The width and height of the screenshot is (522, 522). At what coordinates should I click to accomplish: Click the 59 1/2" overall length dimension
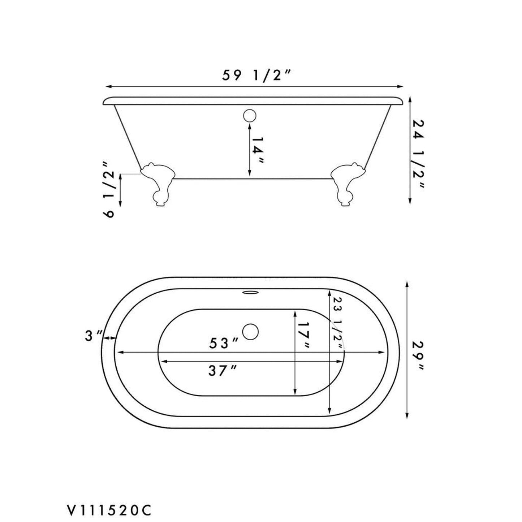(256, 76)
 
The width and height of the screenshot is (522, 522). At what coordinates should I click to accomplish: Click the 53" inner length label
(224, 343)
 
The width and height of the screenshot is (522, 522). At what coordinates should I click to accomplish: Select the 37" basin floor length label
(222, 371)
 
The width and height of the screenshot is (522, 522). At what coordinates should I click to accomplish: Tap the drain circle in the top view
(250, 332)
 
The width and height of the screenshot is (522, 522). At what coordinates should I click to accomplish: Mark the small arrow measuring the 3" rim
(109, 338)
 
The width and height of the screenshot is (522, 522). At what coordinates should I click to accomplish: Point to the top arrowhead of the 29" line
(407, 284)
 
